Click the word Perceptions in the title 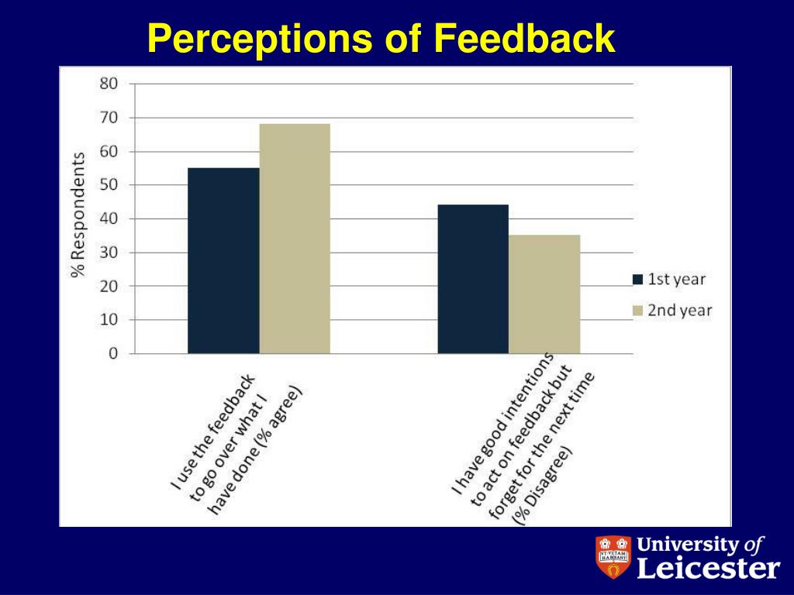(x=260, y=39)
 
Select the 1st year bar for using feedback (x=223, y=260)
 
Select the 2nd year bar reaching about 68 (x=295, y=239)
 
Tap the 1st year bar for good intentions (x=473, y=279)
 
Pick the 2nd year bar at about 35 (x=544, y=294)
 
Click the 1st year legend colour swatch (x=638, y=279)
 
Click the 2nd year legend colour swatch (x=638, y=310)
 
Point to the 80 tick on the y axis (x=109, y=84)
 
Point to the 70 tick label (x=109, y=118)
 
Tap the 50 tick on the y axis (x=109, y=184)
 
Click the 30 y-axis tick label (x=109, y=252)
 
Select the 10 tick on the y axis (x=109, y=319)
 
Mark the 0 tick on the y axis (x=113, y=353)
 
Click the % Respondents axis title (x=78, y=215)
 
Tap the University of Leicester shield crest (x=613, y=557)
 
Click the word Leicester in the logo (x=709, y=568)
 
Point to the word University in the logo (x=689, y=545)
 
